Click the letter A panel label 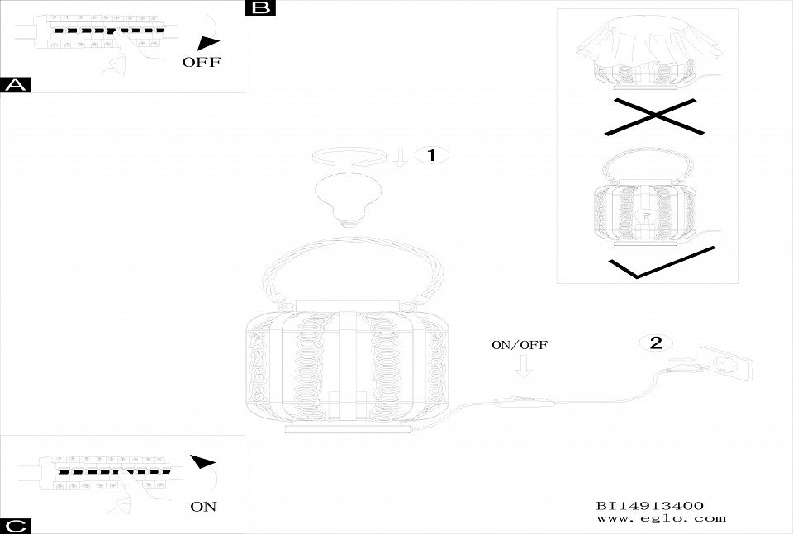(x=16, y=85)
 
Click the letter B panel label (x=260, y=7)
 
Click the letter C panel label (x=16, y=526)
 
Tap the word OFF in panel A (x=202, y=63)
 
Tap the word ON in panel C (x=203, y=506)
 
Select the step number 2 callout (x=655, y=343)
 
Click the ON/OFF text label (x=520, y=345)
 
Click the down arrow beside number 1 (x=401, y=157)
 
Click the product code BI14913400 (x=649, y=505)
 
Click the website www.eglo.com (x=661, y=518)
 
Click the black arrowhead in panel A (x=211, y=43)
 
